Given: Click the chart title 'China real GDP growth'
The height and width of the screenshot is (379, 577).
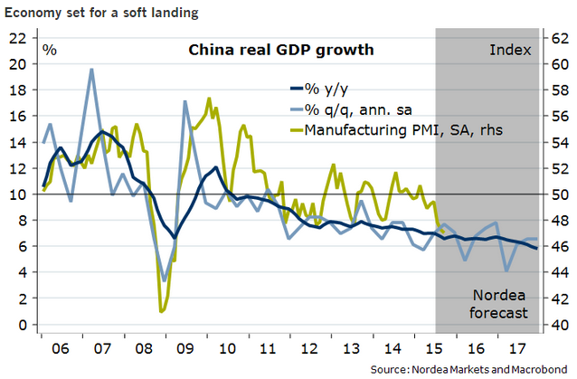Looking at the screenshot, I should [x=279, y=50].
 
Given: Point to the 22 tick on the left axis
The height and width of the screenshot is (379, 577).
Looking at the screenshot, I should [x=17, y=38].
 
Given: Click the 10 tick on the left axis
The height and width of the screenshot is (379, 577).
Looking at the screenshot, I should [x=17, y=194].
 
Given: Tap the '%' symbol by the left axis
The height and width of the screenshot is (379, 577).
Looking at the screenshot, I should [x=50, y=49].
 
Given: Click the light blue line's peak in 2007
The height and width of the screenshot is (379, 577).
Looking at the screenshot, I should [x=91, y=70].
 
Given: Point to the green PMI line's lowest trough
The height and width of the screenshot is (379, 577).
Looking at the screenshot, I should [x=162, y=311].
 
